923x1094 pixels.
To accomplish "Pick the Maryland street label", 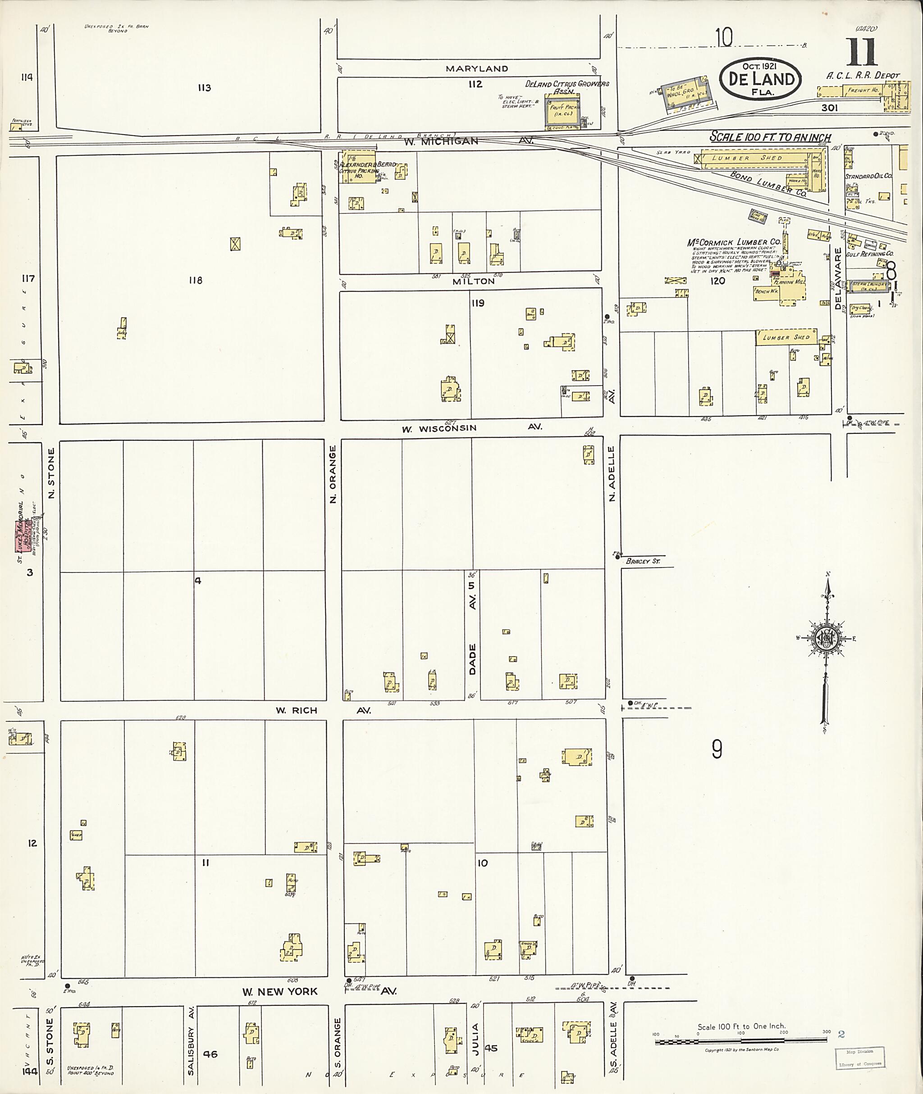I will tap(477, 68).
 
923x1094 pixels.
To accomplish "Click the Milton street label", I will tap(474, 281).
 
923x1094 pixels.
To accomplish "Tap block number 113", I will tap(204, 88).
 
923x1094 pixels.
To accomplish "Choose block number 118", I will tap(195, 280).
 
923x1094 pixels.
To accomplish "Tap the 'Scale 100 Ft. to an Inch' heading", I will tap(770, 137).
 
